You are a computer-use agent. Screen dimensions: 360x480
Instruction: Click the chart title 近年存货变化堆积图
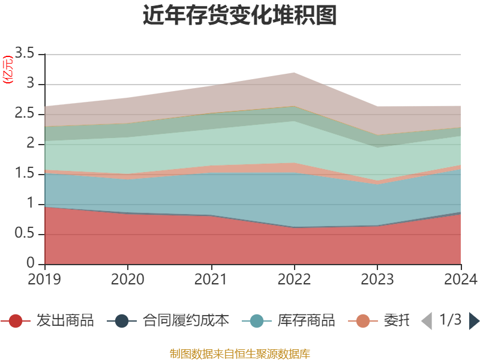tap(240, 16)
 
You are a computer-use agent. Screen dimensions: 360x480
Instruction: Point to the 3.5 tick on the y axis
tap(25, 54)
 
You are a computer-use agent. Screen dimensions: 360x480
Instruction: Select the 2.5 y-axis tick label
tap(25, 114)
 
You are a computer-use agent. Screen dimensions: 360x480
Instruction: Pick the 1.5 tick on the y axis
tap(25, 174)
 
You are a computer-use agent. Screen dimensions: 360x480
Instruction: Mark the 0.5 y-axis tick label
tap(25, 234)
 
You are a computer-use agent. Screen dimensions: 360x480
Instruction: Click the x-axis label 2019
tap(44, 279)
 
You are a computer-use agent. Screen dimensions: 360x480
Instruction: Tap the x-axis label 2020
tap(128, 279)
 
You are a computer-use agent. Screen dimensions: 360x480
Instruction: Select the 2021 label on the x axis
tap(211, 279)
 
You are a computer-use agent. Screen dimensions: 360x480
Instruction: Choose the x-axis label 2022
tap(294, 279)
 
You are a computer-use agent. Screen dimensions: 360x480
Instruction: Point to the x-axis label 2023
tap(377, 279)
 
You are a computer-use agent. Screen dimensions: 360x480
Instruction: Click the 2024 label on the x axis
tap(460, 279)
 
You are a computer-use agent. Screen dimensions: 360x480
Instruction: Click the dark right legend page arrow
tap(474, 321)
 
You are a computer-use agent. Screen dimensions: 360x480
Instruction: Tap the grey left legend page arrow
tap(427, 321)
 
